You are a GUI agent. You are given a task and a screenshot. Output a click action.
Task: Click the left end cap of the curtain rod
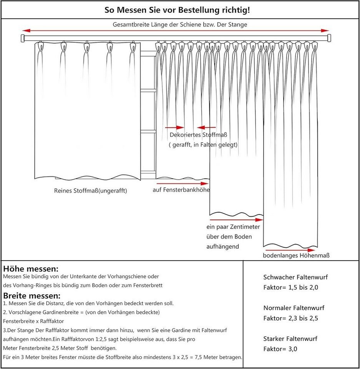point(22,38)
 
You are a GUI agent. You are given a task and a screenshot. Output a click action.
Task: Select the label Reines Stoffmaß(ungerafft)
point(90,191)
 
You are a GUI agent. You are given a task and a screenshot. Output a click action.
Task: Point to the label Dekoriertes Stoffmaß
point(199,135)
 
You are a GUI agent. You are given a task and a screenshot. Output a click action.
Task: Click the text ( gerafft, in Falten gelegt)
point(203,145)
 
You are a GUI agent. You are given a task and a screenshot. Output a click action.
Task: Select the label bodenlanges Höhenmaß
point(296,255)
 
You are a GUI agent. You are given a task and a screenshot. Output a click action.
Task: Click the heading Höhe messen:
point(31,269)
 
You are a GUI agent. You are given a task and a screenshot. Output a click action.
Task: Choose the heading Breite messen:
point(32,296)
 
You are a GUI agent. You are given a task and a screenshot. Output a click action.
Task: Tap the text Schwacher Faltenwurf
point(295,277)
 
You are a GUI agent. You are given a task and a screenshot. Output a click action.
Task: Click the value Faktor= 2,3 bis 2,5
point(291,318)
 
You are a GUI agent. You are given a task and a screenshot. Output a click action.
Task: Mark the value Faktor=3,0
point(280,349)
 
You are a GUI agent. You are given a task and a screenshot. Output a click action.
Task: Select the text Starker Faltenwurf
point(290,339)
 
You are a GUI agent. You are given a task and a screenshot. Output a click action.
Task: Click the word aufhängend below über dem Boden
point(223,246)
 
